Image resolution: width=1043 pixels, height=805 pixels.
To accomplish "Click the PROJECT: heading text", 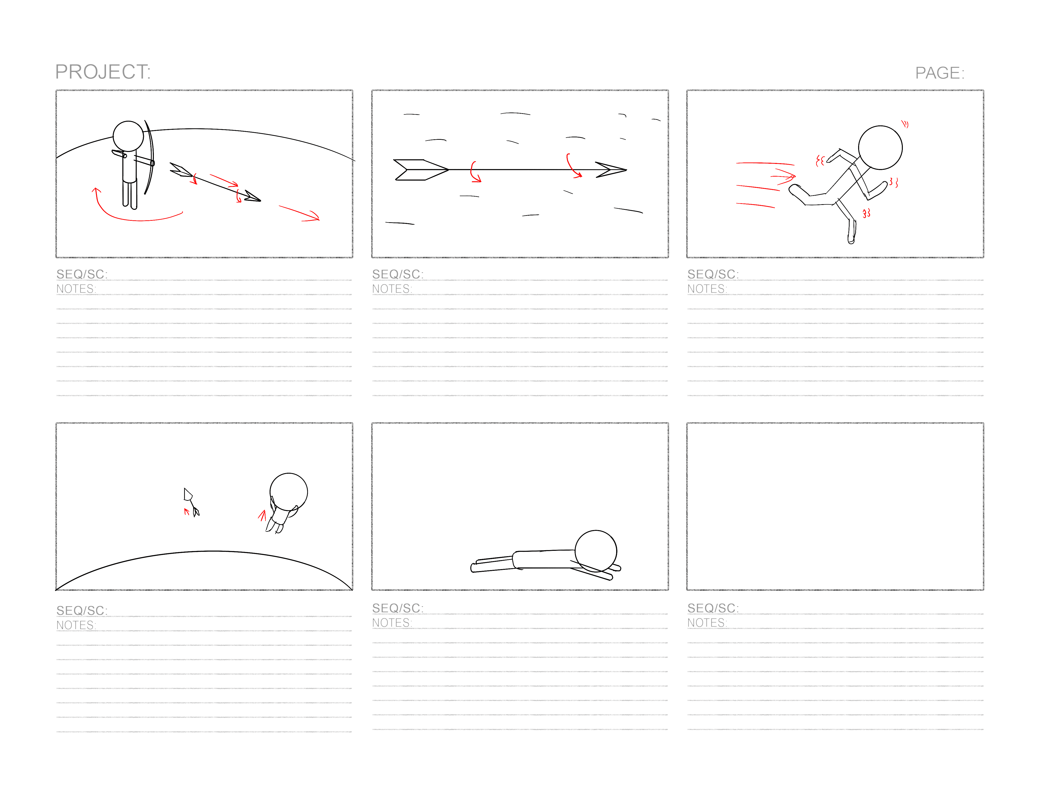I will pos(103,72).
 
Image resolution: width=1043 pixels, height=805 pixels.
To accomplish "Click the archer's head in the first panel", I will pos(128,136).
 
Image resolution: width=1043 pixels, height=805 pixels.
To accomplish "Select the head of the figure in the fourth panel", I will pos(288,492).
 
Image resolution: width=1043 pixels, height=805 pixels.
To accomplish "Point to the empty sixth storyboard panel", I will pos(835,506).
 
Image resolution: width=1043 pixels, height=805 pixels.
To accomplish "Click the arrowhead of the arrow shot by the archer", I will pos(253,197).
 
